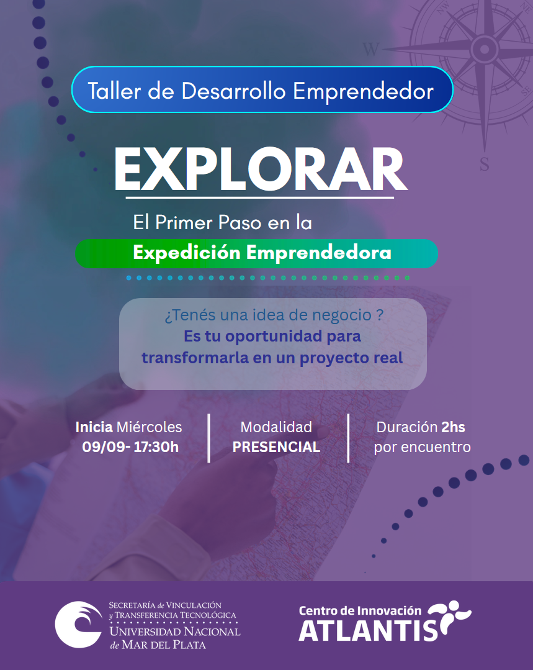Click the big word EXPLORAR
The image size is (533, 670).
coord(261,170)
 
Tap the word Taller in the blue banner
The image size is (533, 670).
coord(114,91)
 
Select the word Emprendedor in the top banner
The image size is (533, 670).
coord(364,91)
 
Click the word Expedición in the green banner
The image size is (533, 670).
coord(187,253)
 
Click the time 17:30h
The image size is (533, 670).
coord(156,447)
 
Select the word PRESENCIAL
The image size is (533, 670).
coord(276,447)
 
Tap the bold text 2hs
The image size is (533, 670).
coord(453,427)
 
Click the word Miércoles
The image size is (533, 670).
coord(149,427)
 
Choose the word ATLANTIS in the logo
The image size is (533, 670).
coord(368,630)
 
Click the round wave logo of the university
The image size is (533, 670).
coord(79,625)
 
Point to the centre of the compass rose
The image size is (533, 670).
coord(485,49)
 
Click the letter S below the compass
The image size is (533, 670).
coord(485,164)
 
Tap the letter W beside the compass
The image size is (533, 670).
coord(370,50)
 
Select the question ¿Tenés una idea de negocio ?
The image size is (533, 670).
coord(274,315)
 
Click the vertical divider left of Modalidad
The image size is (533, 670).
coord(209,438)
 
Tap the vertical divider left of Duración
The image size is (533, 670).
coord(349,438)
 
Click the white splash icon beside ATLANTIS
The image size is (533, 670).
coord(449,618)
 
